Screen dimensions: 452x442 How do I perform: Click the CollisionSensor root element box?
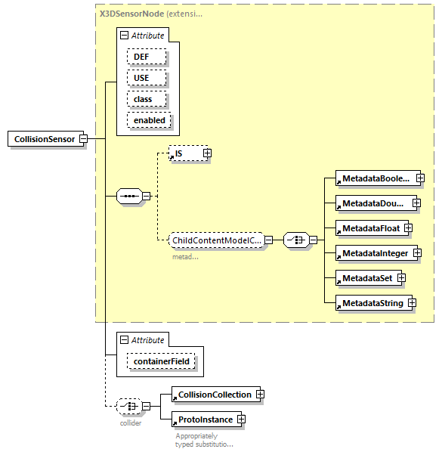click(44, 139)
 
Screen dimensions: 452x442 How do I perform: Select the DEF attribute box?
click(141, 57)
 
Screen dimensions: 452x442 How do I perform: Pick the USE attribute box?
click(141, 78)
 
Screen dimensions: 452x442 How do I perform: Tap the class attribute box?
click(143, 99)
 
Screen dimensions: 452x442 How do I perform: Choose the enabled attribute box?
click(149, 120)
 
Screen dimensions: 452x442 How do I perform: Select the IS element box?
click(184, 153)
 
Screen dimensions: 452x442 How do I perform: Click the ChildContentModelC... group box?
click(217, 240)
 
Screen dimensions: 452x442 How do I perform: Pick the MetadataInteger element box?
click(374, 252)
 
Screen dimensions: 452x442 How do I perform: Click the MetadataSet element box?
click(366, 278)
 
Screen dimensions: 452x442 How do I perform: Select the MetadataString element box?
click(372, 303)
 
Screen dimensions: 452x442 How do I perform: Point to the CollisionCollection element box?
click(214, 395)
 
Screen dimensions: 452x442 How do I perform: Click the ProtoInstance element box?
click(204, 419)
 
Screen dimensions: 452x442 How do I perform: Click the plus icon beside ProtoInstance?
click(241, 419)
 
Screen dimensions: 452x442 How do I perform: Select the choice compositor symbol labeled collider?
click(130, 406)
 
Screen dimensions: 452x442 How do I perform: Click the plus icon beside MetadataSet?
click(401, 278)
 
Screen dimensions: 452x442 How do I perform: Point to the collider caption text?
click(131, 423)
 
